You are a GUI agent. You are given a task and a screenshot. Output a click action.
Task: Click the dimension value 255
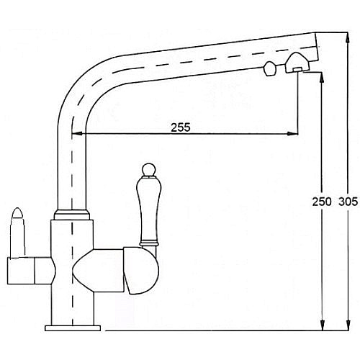181,127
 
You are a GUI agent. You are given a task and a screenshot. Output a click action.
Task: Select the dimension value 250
322,202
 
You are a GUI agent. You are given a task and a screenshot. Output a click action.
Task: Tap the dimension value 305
348,202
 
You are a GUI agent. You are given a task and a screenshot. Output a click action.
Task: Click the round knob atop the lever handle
148,170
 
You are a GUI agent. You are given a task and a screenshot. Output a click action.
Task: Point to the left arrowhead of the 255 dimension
77,133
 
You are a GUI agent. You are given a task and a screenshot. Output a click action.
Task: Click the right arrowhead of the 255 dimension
293,133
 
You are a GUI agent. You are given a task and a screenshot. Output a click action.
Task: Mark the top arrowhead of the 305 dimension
348,37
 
